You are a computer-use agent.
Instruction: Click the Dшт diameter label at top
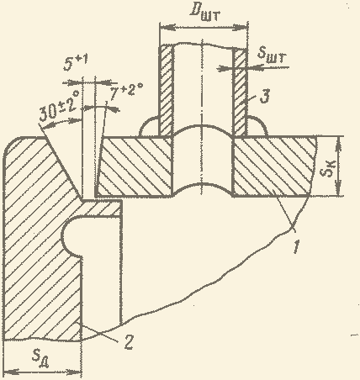(x=205, y=13)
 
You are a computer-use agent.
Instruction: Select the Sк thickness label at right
(x=328, y=168)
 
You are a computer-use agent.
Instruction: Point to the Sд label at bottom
(x=40, y=359)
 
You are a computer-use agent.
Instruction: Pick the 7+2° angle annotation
(x=126, y=91)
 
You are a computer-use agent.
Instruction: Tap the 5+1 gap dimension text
(x=75, y=63)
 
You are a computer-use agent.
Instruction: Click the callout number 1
(x=297, y=246)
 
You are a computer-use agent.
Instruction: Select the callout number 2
(x=128, y=342)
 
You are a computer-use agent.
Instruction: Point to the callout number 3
(x=265, y=97)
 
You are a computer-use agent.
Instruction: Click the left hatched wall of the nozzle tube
(x=166, y=91)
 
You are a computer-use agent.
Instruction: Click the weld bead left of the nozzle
(x=150, y=127)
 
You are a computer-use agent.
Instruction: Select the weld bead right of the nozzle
(x=257, y=126)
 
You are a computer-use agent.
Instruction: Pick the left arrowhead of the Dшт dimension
(x=167, y=28)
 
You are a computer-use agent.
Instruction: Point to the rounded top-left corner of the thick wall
(x=12, y=144)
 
